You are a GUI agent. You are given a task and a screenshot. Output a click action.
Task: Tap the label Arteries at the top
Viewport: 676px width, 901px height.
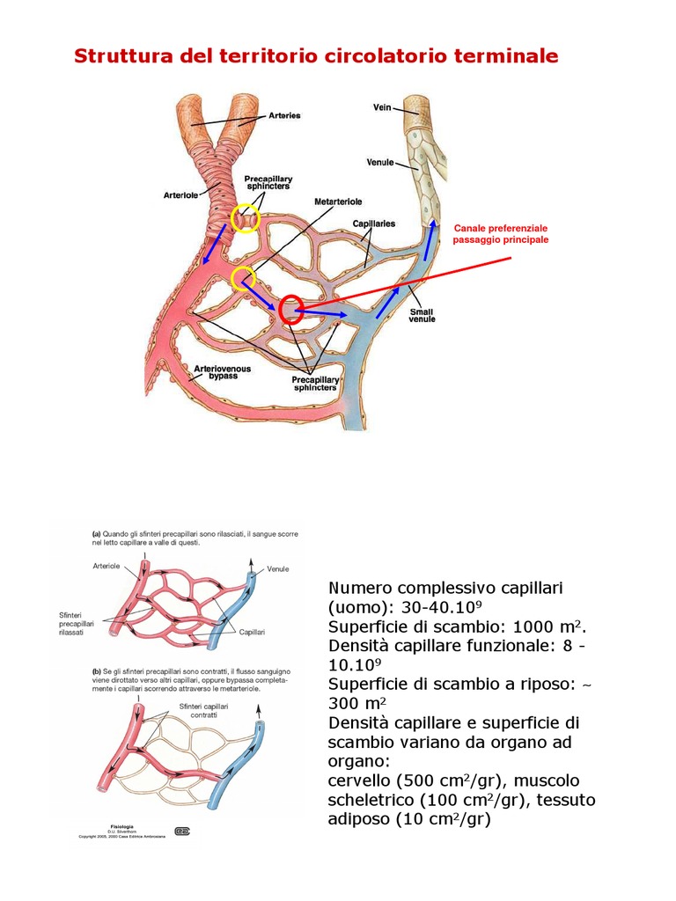tap(284, 115)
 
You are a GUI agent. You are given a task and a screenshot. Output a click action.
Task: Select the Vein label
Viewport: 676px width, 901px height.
tap(383, 107)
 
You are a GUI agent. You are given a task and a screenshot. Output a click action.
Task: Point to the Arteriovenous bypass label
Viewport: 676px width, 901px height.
tap(216, 371)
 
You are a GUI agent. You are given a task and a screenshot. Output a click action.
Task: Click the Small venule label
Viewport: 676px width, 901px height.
tap(422, 315)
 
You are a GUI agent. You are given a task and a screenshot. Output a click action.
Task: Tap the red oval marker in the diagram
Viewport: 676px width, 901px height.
tap(290, 310)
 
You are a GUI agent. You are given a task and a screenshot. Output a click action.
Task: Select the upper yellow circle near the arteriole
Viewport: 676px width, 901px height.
tap(246, 217)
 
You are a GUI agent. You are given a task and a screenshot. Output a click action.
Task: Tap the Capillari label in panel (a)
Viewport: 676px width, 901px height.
tap(252, 632)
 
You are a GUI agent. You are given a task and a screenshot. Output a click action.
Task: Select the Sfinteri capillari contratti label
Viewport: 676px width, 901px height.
tap(203, 711)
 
